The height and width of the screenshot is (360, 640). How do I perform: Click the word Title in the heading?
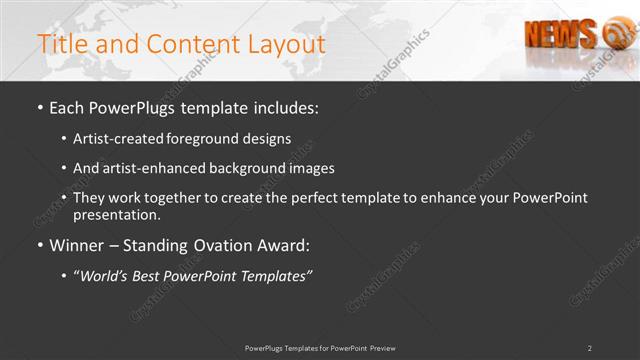coord(59,44)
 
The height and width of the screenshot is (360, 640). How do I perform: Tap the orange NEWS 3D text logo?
coord(561,33)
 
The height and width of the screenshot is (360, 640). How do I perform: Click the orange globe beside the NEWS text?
coord(612,36)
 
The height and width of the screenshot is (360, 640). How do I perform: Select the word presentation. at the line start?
coord(117,214)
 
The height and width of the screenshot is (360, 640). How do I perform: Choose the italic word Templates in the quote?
coord(275,275)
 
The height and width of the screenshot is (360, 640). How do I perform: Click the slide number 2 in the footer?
coord(589,348)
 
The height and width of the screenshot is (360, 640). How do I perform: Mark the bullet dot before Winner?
coord(40,245)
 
